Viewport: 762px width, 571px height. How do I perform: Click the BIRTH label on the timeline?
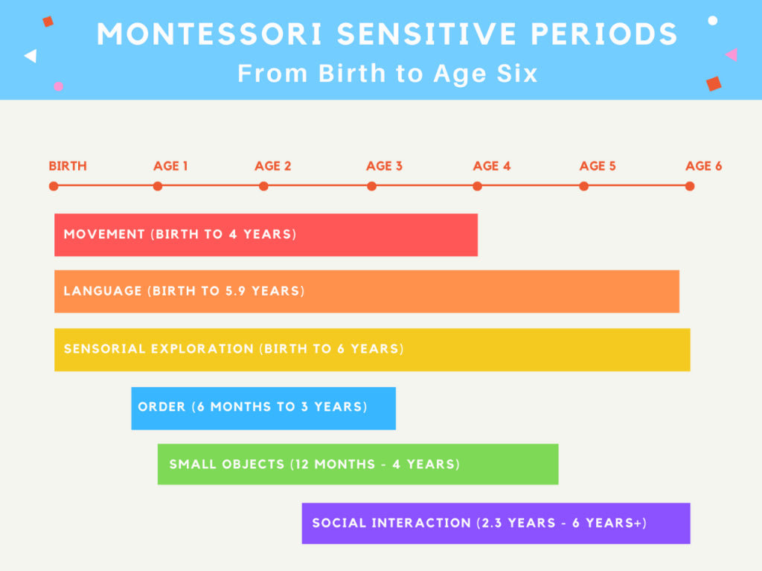[68, 166]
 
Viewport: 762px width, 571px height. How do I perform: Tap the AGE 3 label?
[384, 166]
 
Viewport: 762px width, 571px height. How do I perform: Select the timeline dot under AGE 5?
[583, 186]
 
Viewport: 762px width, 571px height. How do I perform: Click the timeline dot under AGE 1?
[158, 186]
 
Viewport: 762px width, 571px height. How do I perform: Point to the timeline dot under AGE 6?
[690, 186]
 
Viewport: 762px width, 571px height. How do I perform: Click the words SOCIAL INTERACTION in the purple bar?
[391, 523]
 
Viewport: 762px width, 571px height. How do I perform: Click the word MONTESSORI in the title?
[211, 34]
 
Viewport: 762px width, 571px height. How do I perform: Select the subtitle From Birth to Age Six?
[387, 74]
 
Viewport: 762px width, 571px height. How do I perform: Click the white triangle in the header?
[31, 56]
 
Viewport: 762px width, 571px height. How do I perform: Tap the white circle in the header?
[712, 20]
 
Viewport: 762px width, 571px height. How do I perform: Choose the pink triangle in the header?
[731, 54]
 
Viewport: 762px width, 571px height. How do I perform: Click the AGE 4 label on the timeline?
[492, 166]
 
